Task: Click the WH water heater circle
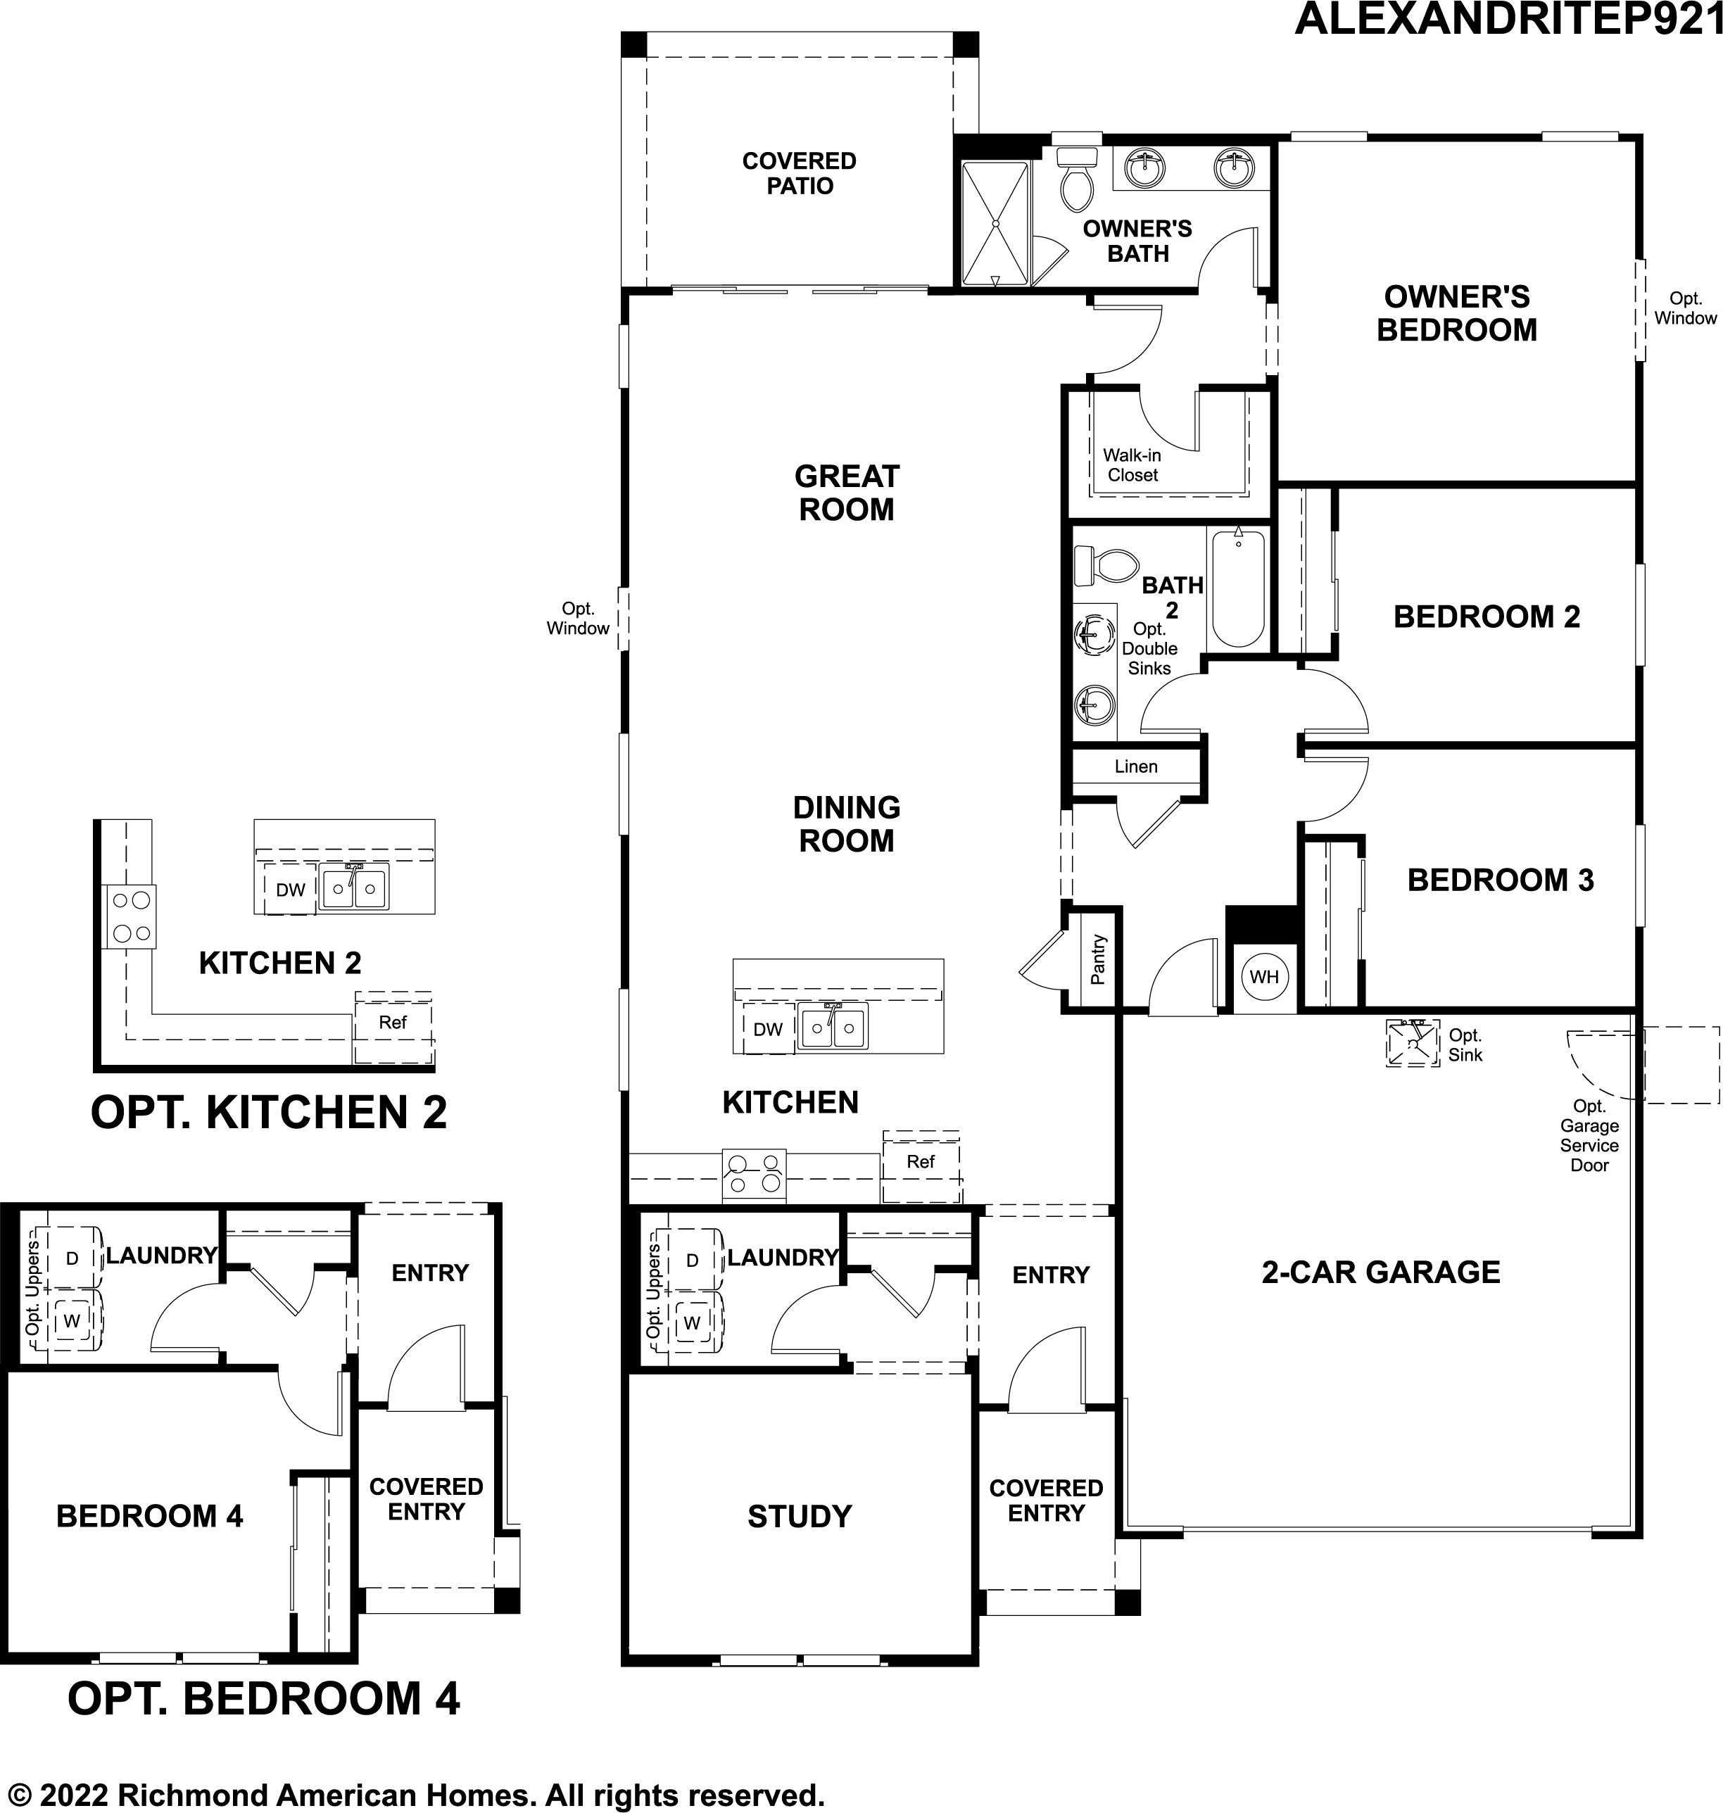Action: tap(1264, 976)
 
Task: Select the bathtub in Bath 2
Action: tap(1238, 588)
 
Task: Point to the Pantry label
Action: tap(1097, 960)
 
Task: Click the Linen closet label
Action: tap(1136, 766)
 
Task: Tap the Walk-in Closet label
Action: tap(1132, 465)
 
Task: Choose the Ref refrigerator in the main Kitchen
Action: tap(921, 1166)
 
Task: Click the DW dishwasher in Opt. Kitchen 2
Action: tap(290, 889)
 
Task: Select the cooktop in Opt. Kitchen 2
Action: tap(130, 916)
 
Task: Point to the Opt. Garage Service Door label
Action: tap(1589, 1135)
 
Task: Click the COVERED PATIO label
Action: tap(799, 174)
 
